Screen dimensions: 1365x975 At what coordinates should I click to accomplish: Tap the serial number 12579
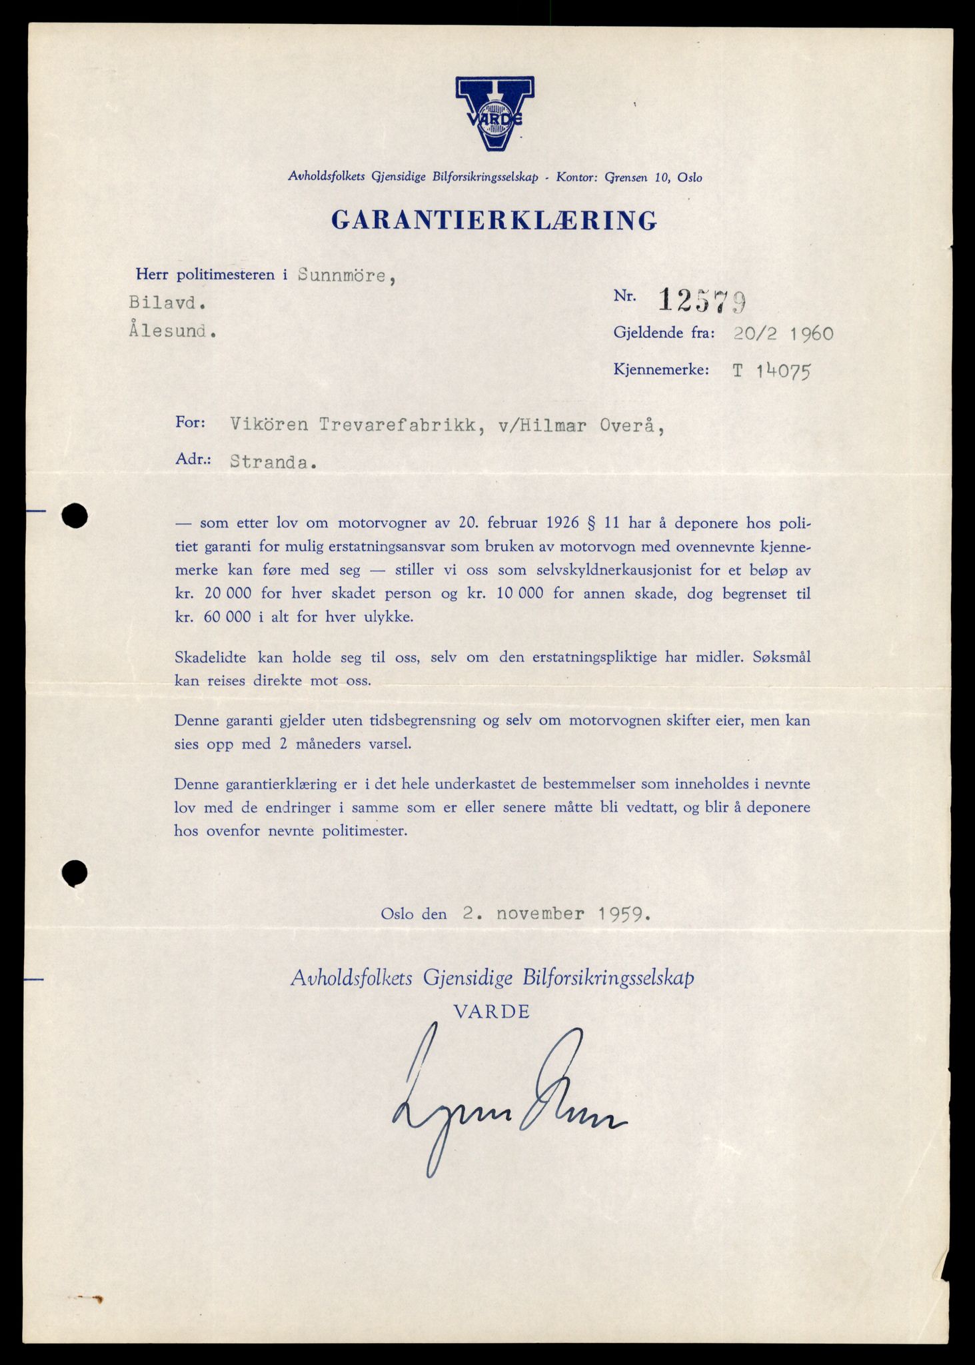tap(702, 301)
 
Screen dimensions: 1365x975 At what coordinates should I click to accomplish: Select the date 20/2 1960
tap(783, 333)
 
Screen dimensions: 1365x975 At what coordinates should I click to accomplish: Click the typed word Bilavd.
tap(167, 303)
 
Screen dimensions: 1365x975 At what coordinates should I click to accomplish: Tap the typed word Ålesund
tap(172, 331)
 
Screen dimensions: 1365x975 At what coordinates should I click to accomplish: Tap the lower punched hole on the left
tap(74, 872)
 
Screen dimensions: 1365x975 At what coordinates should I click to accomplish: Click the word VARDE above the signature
tap(491, 1012)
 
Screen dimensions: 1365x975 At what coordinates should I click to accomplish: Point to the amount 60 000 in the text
tap(223, 617)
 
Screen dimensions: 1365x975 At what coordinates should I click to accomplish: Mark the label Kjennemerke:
tap(661, 370)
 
